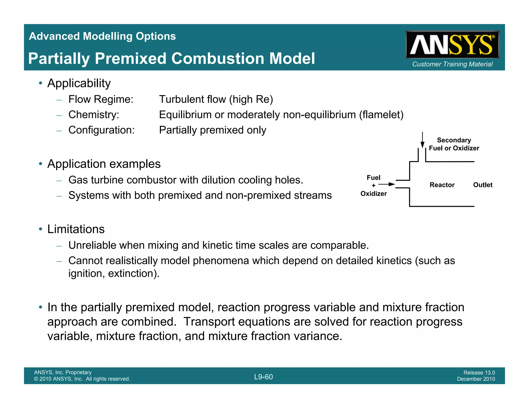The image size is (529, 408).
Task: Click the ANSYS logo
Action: pos(452,45)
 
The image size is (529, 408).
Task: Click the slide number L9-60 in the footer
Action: pos(263,377)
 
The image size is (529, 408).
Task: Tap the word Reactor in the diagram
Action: pos(442,185)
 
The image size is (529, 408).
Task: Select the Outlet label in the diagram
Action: pos(483,185)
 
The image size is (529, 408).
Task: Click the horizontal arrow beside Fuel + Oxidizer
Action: pos(387,184)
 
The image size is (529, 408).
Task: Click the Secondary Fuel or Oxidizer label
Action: pos(454,144)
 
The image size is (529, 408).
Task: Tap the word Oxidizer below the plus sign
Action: pos(374,194)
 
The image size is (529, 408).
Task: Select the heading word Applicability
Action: pos(79,83)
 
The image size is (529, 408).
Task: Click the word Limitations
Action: pos(76,229)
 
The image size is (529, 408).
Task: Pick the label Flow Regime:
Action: pos(101,99)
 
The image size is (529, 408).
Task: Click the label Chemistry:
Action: pos(94,115)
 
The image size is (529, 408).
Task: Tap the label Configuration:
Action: pos(102,130)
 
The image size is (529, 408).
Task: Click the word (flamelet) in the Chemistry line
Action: pos(381,115)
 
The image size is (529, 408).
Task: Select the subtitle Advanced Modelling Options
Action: pos(102,36)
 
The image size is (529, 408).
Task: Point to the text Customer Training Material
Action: pos(452,64)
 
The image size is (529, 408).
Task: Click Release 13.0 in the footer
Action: pos(479,373)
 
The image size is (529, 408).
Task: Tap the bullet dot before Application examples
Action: pos(40,164)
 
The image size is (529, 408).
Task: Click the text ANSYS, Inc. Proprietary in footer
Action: pos(63,372)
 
